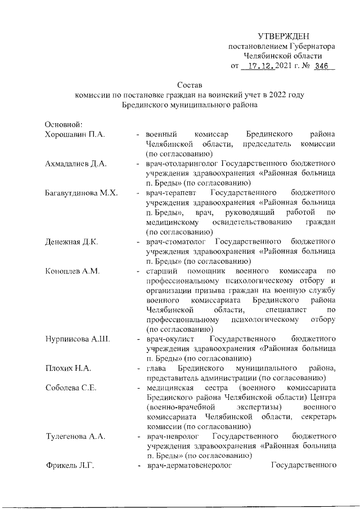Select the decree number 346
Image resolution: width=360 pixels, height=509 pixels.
click(x=322, y=66)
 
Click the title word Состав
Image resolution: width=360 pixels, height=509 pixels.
click(x=189, y=85)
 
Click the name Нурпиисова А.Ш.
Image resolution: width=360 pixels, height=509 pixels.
click(x=76, y=339)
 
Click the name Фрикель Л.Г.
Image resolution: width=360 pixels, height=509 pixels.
click(x=70, y=466)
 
